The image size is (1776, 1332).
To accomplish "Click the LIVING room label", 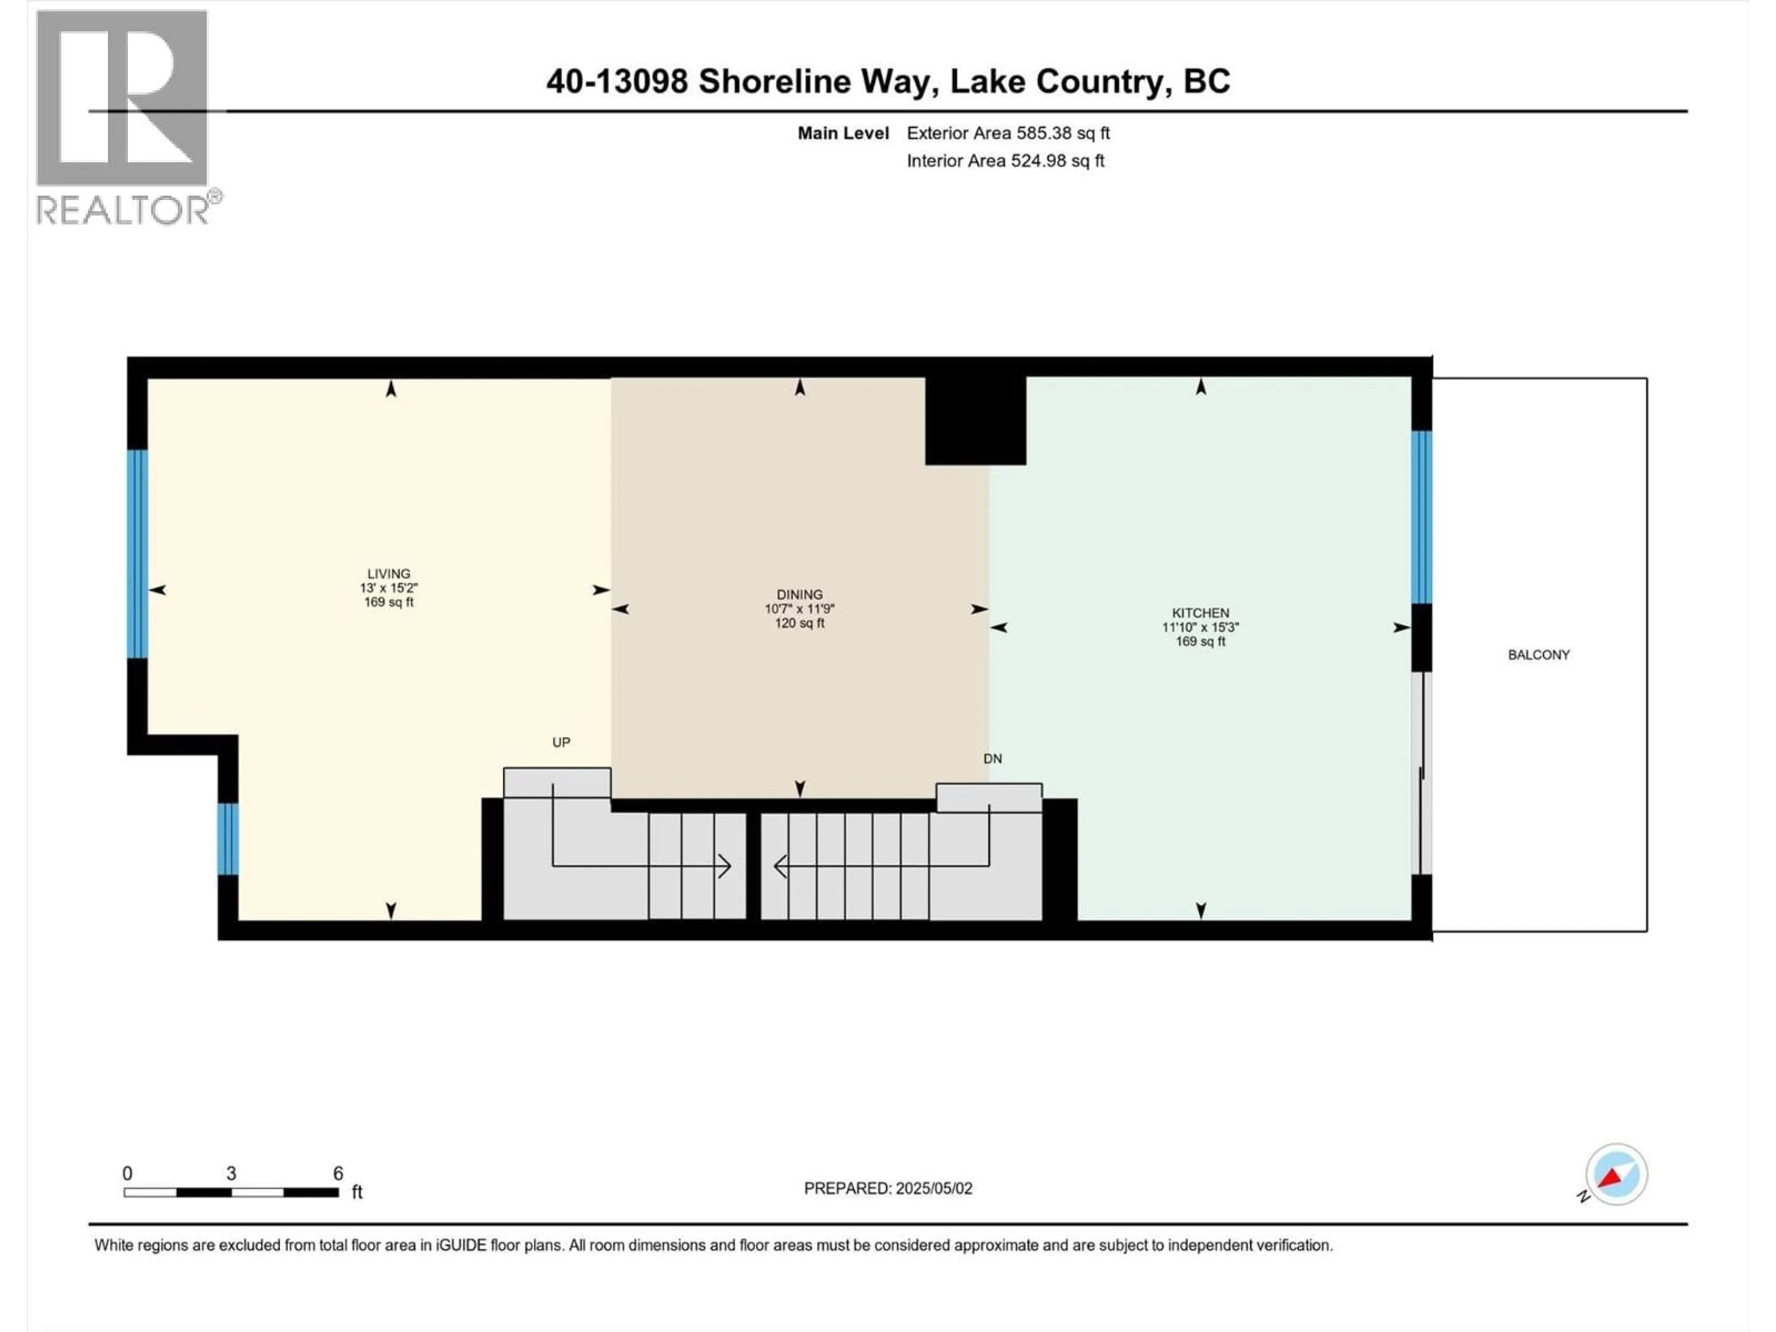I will (x=388, y=573).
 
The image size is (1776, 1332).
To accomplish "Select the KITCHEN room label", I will (x=1200, y=613).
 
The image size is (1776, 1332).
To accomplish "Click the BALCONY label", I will (x=1538, y=654).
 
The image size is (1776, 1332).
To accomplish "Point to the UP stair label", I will (x=561, y=742).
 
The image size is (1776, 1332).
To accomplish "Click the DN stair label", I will (x=993, y=758).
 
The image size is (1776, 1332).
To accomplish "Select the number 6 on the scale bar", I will (x=338, y=1173).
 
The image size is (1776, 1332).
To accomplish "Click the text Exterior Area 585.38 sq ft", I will (x=1008, y=133).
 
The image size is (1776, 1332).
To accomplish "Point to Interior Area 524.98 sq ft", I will (x=1005, y=160).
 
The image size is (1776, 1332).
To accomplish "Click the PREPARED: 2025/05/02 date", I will (x=888, y=1188).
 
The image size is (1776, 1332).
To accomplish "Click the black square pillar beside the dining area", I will (x=974, y=420).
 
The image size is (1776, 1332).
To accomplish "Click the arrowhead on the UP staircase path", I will (x=725, y=866).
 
